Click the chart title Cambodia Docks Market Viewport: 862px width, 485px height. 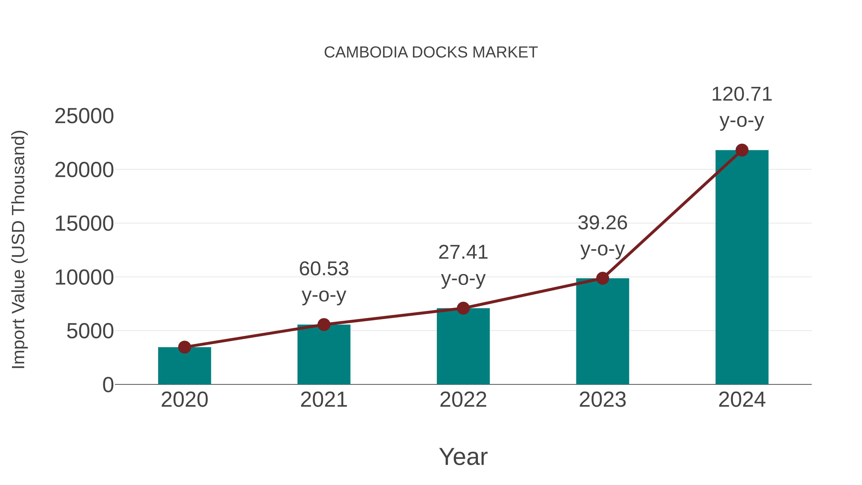[x=431, y=52]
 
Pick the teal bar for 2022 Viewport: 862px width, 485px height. [x=463, y=346]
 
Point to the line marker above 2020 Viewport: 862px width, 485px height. [x=184, y=347]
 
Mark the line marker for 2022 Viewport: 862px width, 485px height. [x=463, y=308]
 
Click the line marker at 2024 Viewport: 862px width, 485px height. [x=742, y=150]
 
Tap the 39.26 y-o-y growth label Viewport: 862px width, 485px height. [x=602, y=236]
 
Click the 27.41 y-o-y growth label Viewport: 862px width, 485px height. [x=463, y=265]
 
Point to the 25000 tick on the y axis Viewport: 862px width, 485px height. [x=84, y=116]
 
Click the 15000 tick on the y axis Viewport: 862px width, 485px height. [x=84, y=224]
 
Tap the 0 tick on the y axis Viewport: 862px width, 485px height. [x=108, y=385]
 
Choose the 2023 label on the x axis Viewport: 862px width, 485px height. [x=602, y=400]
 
